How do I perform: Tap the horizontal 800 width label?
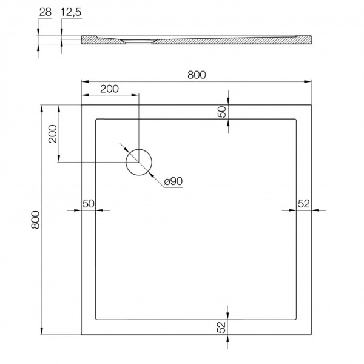[x=196, y=75]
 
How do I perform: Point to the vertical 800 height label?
[x=35, y=219]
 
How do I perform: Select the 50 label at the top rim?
[x=222, y=112]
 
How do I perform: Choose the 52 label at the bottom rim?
[x=222, y=327]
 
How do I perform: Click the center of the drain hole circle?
[x=139, y=162]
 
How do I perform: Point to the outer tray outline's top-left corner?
[x=82, y=105]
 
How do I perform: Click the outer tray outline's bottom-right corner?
[x=311, y=334]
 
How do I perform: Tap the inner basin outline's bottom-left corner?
[x=95, y=320]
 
